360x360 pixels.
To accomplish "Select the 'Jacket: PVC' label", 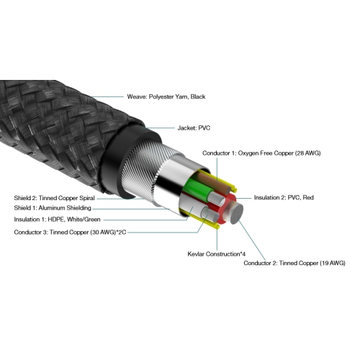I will click(194, 128).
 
